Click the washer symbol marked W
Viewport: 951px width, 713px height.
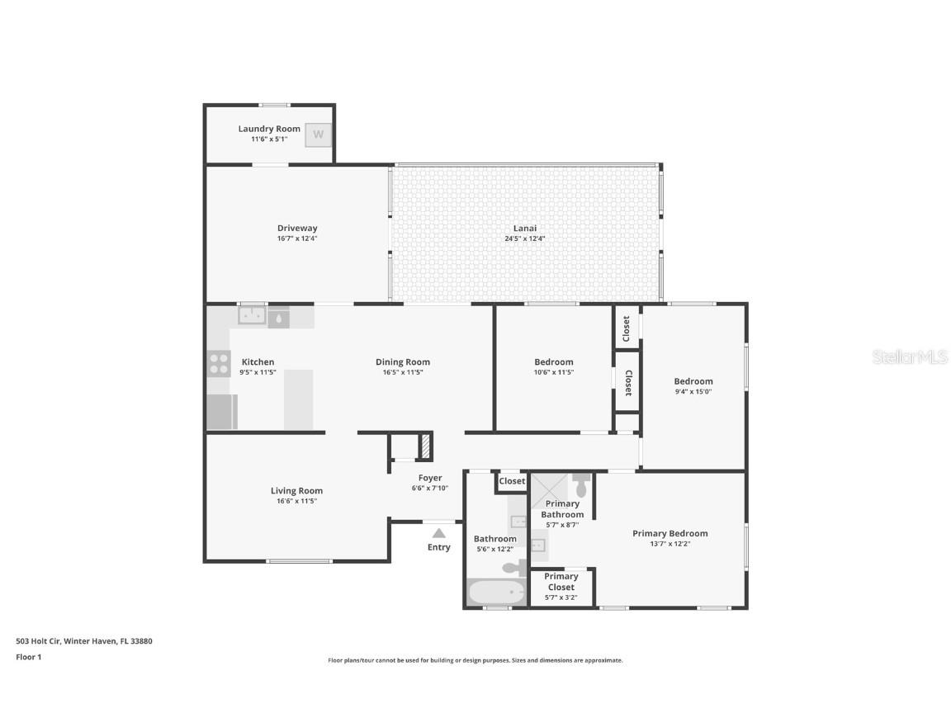[x=318, y=135]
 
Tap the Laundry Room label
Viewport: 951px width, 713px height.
[x=269, y=129]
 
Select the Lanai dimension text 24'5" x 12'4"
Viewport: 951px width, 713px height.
[x=525, y=238]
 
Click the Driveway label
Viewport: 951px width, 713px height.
[x=297, y=229]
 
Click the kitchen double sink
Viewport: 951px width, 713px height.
[x=252, y=315]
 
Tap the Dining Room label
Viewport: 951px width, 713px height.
[x=403, y=362]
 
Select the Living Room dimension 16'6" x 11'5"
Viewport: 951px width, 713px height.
[x=297, y=501]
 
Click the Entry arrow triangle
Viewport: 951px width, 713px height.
[x=439, y=533]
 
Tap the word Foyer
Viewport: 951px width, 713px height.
[x=430, y=478]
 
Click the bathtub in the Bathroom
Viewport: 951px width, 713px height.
[x=496, y=593]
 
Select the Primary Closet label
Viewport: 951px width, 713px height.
[x=561, y=582]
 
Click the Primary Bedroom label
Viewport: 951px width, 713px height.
[x=669, y=533]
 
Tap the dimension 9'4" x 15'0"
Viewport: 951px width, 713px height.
[x=693, y=392]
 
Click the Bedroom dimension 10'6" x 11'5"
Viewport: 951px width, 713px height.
[x=553, y=372]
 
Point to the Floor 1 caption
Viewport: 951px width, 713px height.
[x=28, y=657]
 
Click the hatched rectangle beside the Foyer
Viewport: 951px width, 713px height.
[x=426, y=446]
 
